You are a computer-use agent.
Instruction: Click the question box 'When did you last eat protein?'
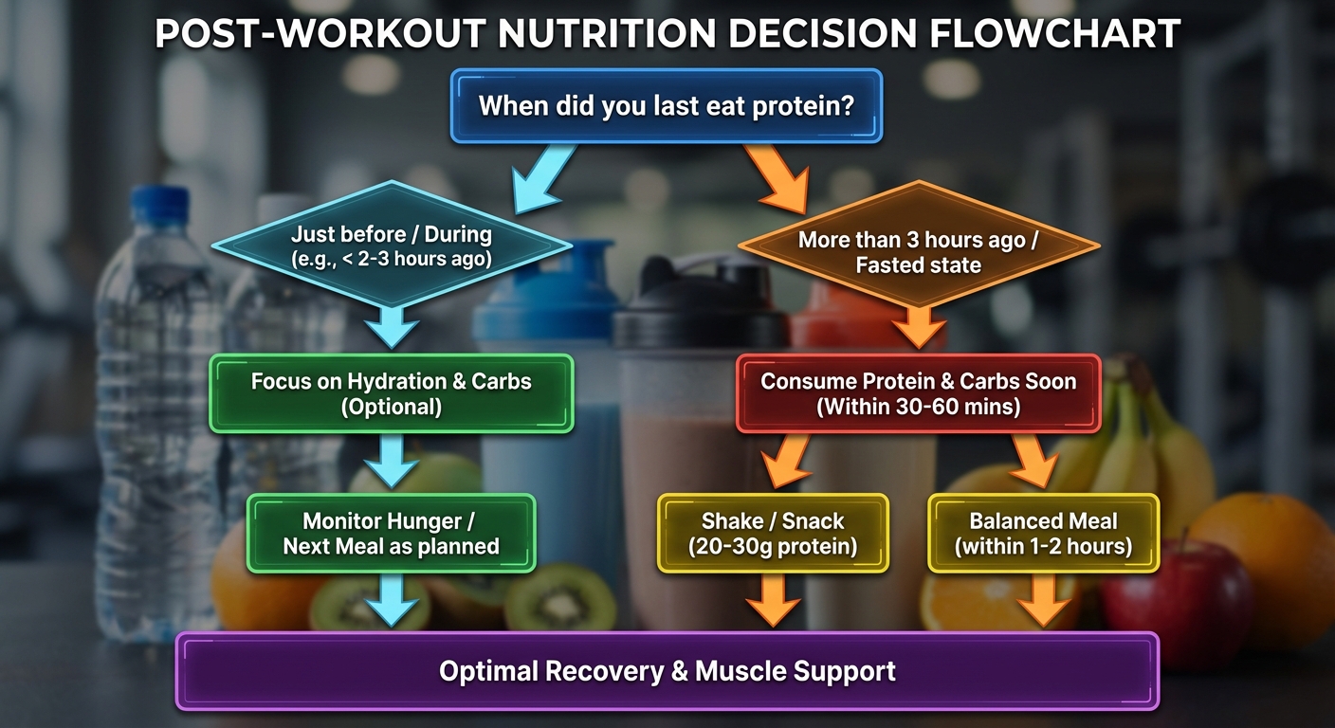pos(667,104)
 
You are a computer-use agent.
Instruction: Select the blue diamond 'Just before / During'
pos(391,245)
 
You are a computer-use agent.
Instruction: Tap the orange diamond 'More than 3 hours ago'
pos(918,251)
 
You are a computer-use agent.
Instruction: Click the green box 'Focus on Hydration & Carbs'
pos(391,392)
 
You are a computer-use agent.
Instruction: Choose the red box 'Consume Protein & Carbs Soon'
pos(918,392)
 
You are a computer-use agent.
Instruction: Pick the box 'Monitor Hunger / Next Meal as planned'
pos(391,533)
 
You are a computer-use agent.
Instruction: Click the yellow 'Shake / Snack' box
pos(772,533)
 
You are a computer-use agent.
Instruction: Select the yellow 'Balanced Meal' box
pos(1043,533)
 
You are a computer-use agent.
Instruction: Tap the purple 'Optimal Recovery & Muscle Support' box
pos(667,671)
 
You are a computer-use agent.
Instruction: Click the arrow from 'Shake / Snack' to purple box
pos(772,601)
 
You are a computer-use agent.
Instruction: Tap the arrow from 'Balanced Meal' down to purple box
pos(1043,601)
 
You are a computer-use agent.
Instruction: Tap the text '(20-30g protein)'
pos(772,547)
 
